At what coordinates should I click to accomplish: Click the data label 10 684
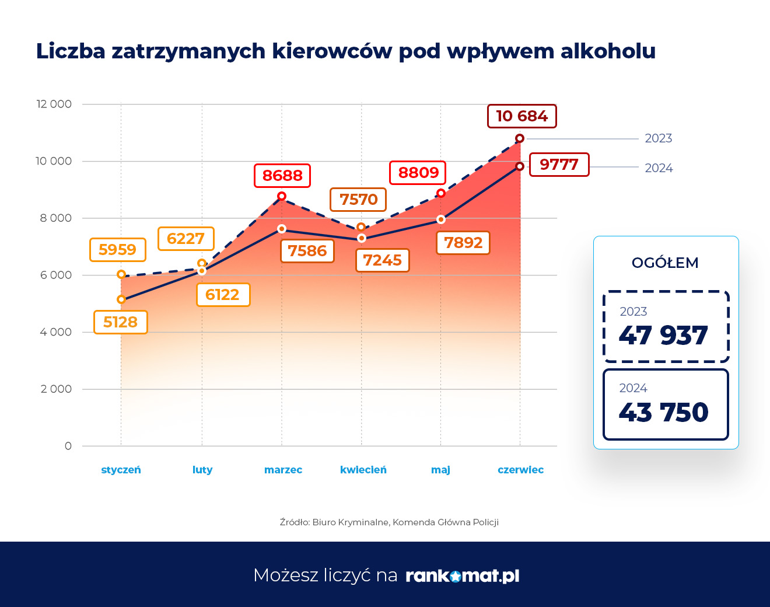click(521, 116)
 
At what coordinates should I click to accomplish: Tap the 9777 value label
click(559, 165)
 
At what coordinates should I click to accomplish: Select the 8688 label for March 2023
click(282, 176)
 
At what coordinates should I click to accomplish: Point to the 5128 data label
click(120, 322)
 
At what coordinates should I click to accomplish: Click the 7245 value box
click(382, 260)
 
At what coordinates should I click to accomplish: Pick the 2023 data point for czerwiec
click(520, 138)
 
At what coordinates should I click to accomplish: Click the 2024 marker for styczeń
click(121, 299)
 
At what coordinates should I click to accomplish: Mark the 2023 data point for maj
click(441, 193)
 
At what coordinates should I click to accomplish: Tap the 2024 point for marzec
click(282, 229)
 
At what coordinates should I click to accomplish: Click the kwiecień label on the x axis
click(363, 470)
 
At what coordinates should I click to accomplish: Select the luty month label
click(202, 470)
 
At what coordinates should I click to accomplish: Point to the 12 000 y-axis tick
click(54, 104)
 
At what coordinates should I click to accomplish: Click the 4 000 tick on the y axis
click(56, 332)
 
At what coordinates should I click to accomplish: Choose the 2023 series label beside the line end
click(658, 138)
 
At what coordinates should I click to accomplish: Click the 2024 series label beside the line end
click(659, 168)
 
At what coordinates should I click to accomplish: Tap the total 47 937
click(663, 336)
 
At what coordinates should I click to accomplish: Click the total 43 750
click(663, 413)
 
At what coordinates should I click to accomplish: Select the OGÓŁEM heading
click(665, 263)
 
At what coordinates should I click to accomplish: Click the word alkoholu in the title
click(608, 51)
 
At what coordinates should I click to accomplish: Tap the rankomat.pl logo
click(462, 576)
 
